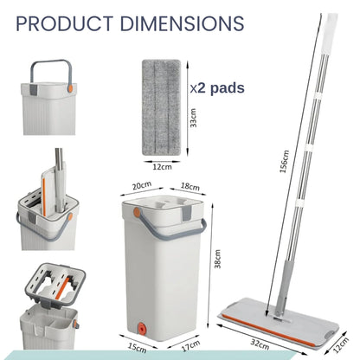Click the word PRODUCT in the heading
64,23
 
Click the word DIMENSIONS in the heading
182,23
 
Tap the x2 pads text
217,87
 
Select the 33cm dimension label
194,118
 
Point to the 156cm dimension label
284,162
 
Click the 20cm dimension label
142,185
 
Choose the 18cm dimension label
190,186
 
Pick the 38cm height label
217,259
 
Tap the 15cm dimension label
137,347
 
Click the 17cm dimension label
190,345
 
